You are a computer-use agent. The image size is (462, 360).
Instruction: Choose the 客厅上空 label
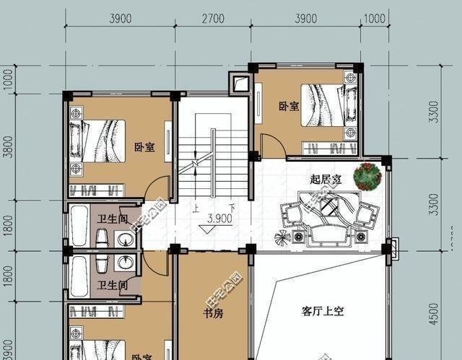(323, 312)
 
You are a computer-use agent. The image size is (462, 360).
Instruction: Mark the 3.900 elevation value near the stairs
(219, 218)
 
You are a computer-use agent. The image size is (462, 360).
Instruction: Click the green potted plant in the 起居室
(368, 176)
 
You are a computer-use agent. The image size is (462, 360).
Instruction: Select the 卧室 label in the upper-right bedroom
(289, 106)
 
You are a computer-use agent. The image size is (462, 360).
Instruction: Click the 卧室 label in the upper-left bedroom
(144, 147)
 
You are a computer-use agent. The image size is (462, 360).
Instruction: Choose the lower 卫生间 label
(113, 286)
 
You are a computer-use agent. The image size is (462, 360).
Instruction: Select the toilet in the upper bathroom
(103, 239)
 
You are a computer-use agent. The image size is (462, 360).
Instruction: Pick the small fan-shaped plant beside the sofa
(280, 237)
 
